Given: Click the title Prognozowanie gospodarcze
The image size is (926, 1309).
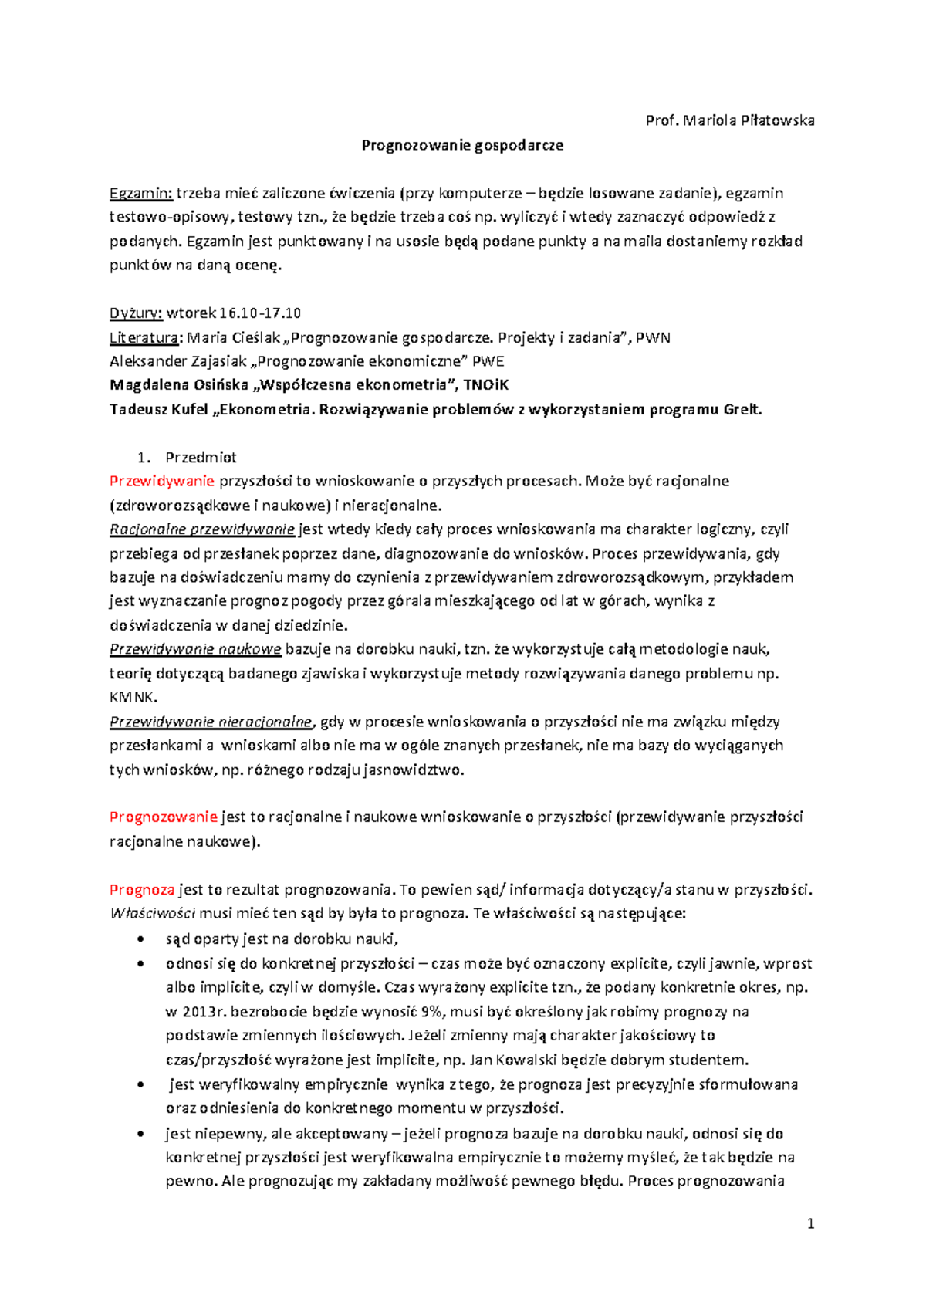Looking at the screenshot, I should pyautogui.click(x=462, y=145).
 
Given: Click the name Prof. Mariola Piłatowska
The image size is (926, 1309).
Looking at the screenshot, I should pyautogui.click(x=729, y=120).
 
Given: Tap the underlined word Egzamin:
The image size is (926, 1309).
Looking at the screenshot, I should pyautogui.click(x=141, y=193).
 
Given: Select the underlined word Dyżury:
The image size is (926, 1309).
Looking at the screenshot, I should pyautogui.click(x=136, y=313).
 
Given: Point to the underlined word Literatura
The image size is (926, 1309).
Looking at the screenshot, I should pyautogui.click(x=144, y=337).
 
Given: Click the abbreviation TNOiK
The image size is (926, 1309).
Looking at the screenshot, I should pyautogui.click(x=485, y=385).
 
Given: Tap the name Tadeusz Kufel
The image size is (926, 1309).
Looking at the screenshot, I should pyautogui.click(x=158, y=409).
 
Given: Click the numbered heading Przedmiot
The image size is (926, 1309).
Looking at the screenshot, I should pyautogui.click(x=201, y=457).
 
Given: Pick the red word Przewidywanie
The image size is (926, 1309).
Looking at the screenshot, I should pyautogui.click(x=161, y=482).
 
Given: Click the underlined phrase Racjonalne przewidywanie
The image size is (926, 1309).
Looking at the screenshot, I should pyautogui.click(x=202, y=529).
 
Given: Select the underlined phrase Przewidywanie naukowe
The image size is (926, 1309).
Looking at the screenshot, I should pyautogui.click(x=195, y=649).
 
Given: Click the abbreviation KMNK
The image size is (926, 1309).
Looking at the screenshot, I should pyautogui.click(x=133, y=697).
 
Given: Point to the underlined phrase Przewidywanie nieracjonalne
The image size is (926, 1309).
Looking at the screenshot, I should pyautogui.click(x=211, y=722).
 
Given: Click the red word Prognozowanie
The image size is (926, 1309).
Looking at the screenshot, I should pyautogui.click(x=164, y=817).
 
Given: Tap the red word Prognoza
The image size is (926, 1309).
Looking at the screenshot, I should pyautogui.click(x=142, y=890).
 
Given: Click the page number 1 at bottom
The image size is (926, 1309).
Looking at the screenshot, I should pyautogui.click(x=810, y=1223).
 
